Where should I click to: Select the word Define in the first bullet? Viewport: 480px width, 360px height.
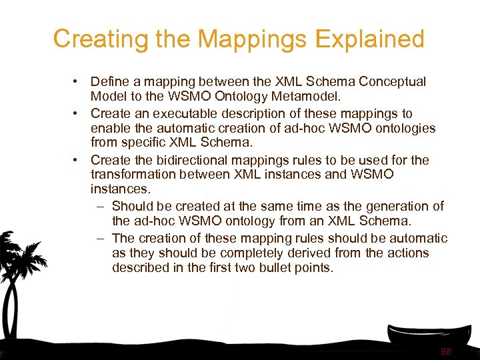tap(109, 82)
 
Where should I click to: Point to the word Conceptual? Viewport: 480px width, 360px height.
tap(392, 82)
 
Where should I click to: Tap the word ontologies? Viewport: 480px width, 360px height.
tap(403, 129)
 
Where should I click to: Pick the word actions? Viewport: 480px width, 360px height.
tap(407, 253)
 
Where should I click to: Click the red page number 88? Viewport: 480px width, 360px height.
tap(446, 351)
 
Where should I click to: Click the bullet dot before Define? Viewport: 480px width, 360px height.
tap(77, 82)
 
